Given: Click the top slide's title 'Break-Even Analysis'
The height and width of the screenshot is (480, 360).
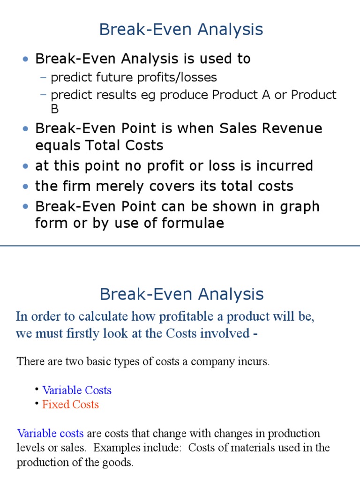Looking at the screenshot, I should pos(181,30).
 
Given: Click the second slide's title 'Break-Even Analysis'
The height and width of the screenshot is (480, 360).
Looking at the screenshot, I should pos(181,294).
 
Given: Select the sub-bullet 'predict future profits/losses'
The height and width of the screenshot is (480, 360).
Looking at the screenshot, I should pos(134,77).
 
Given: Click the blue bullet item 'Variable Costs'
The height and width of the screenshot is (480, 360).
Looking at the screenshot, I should pos(77,390).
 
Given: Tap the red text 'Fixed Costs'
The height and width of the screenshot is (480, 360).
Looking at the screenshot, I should pos(70,405).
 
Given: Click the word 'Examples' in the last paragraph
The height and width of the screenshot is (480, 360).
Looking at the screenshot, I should pos(119,447).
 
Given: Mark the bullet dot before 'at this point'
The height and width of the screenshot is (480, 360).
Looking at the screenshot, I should pos(26,166).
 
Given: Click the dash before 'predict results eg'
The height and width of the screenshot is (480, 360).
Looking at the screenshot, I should pos(44,95).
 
